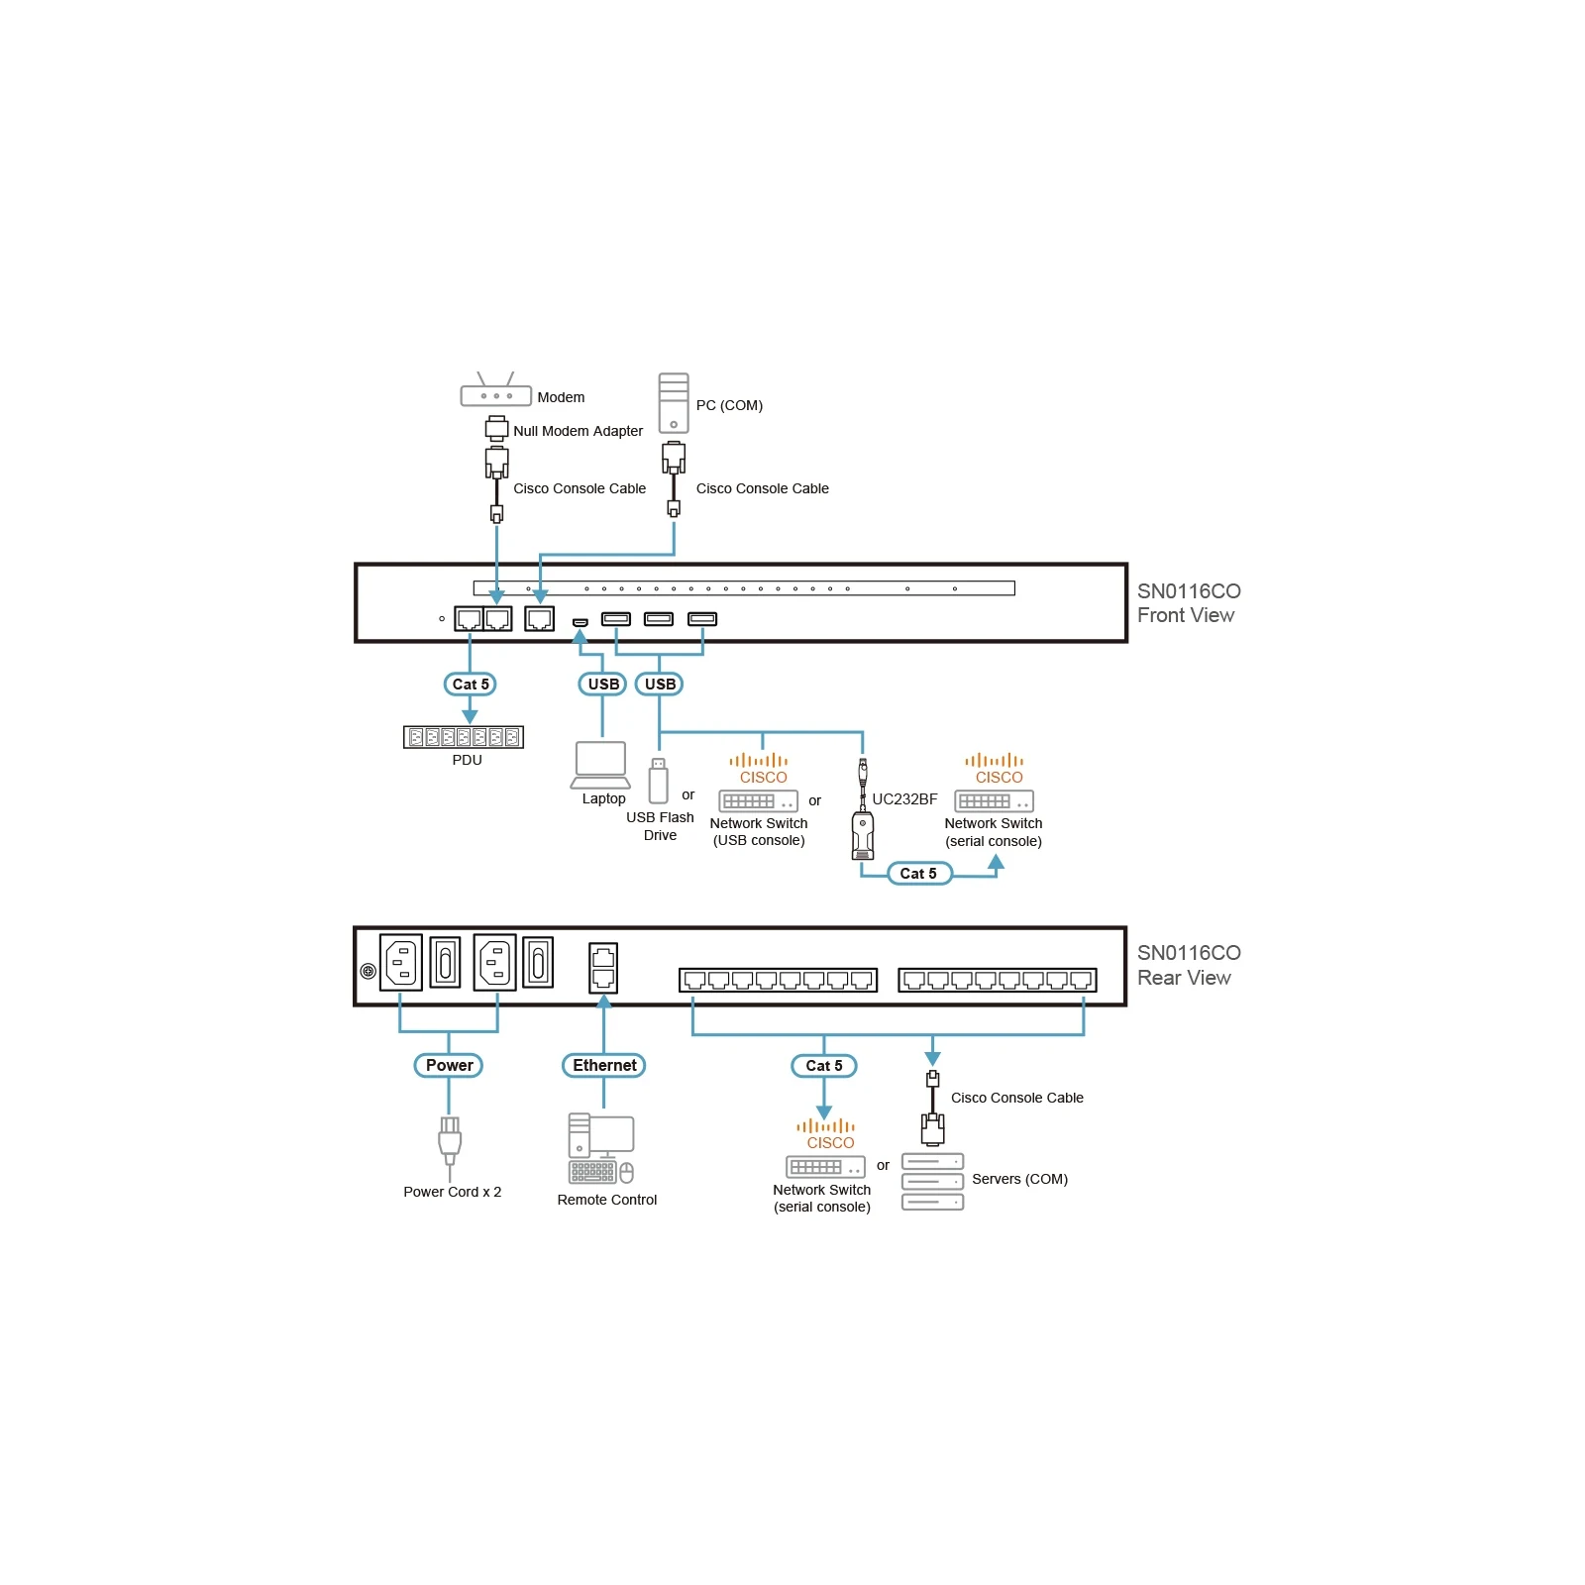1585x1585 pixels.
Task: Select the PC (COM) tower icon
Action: [674, 402]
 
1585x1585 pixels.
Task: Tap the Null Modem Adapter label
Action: [578, 431]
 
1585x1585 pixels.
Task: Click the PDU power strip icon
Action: [464, 737]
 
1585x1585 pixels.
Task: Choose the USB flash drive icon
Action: [658, 781]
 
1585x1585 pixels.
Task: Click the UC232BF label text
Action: [904, 799]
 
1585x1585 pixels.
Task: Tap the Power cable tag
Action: [449, 1065]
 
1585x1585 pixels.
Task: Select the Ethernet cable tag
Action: [604, 1065]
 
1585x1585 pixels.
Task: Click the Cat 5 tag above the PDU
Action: [470, 684]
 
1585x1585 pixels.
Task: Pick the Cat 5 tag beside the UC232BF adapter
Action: [918, 873]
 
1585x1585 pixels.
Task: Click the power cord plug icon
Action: [450, 1141]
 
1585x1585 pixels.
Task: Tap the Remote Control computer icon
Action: [601, 1149]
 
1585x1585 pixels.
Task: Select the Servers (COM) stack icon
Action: [932, 1182]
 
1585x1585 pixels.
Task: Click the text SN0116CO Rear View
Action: [1188, 965]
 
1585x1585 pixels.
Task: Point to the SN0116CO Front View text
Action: [1188, 602]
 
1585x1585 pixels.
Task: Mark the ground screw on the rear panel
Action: [368, 971]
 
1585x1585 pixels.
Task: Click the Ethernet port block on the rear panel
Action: [603, 968]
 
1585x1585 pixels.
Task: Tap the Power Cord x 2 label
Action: [452, 1192]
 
